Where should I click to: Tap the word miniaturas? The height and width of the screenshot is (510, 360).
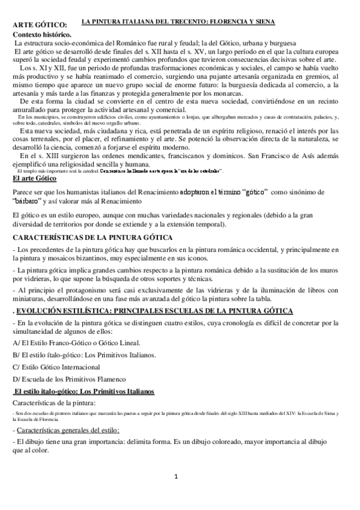[x=31, y=299]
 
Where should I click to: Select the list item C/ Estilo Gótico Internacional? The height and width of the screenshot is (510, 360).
[x=56, y=366]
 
